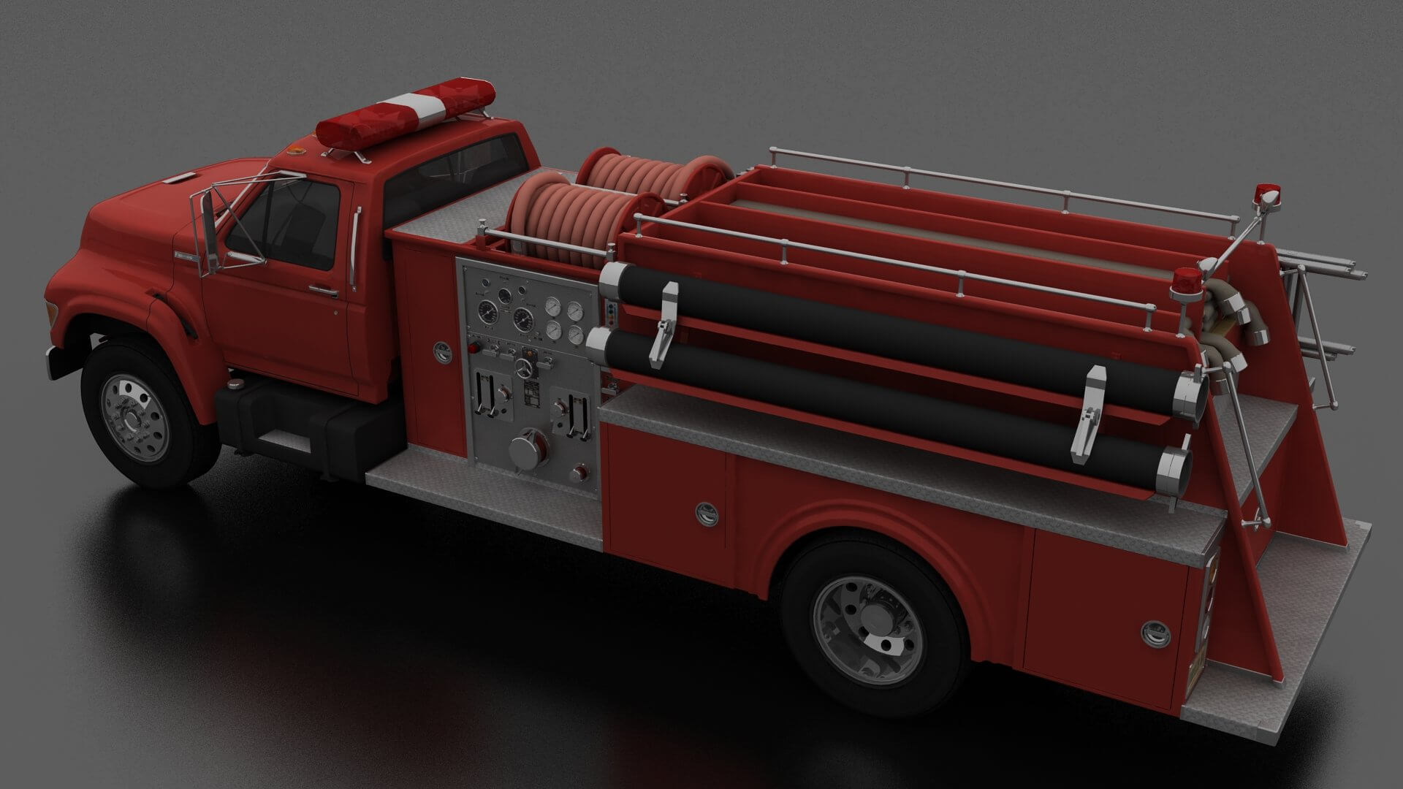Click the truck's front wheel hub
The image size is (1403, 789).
pos(136,417)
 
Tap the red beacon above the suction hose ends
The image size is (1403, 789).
pos(1184,281)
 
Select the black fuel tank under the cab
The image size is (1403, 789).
pos(314,424)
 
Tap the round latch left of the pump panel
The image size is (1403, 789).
pos(442,353)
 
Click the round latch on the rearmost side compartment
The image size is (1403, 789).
pos(1155,633)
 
